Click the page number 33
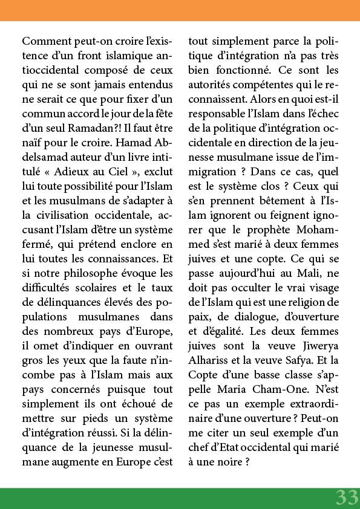[x=347, y=497]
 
